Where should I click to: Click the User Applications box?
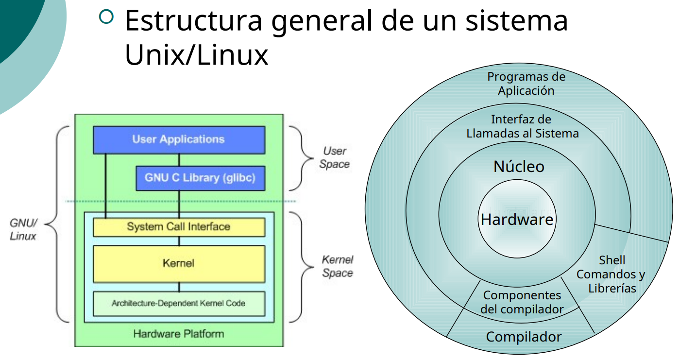(x=179, y=139)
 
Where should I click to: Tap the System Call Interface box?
(x=179, y=227)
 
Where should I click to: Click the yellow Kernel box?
(x=179, y=263)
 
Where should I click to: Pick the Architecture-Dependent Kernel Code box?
(x=179, y=303)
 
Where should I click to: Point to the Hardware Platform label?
(x=179, y=334)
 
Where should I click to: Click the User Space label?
(x=334, y=158)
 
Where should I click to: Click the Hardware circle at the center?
(x=517, y=220)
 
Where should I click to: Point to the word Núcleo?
(x=519, y=167)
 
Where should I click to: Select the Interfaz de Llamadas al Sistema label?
(x=522, y=126)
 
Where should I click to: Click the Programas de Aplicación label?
(x=526, y=84)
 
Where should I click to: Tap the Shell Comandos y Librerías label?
(x=611, y=274)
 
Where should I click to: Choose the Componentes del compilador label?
(x=522, y=302)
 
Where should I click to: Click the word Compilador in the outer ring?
(x=524, y=337)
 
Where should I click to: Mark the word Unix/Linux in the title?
(x=197, y=56)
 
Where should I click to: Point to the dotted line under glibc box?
(x=180, y=201)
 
